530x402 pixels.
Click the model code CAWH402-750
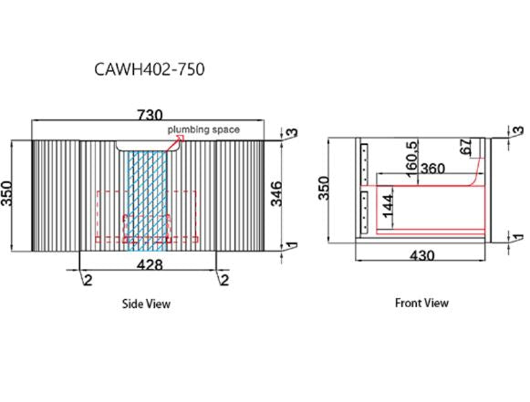150,69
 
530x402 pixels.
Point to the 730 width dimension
150,115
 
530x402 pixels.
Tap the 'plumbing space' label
203,129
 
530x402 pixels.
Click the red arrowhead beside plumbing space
181,139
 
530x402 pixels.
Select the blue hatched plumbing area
147,201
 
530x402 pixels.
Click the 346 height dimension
276,193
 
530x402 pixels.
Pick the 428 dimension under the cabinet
150,265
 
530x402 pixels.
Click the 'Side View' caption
146,304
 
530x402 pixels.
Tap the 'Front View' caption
421,303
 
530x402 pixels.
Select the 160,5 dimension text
411,159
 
